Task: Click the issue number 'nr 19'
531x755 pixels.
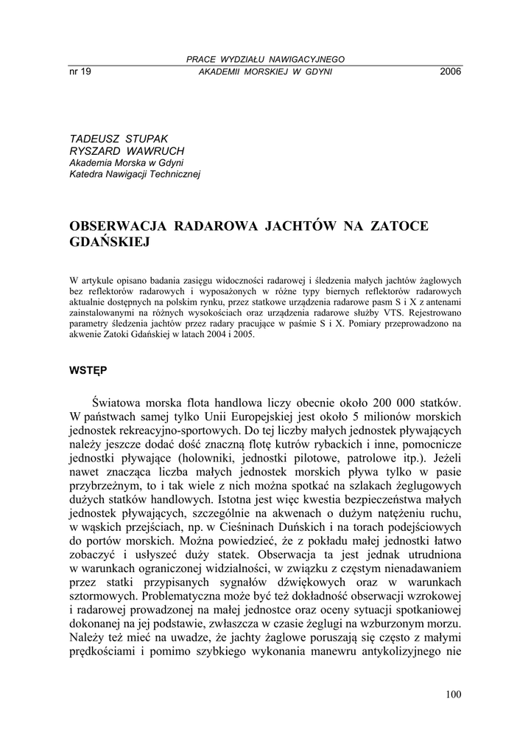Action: tap(80, 72)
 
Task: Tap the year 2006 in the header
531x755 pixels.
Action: tap(450, 72)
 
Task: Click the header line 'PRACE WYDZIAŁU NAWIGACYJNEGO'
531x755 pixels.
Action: tap(265, 59)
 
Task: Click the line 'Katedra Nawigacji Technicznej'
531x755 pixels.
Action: tap(135, 175)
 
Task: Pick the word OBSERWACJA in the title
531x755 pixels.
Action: tap(119, 226)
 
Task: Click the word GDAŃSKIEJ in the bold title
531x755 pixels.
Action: tap(109, 242)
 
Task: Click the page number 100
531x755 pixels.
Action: tap(453, 694)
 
